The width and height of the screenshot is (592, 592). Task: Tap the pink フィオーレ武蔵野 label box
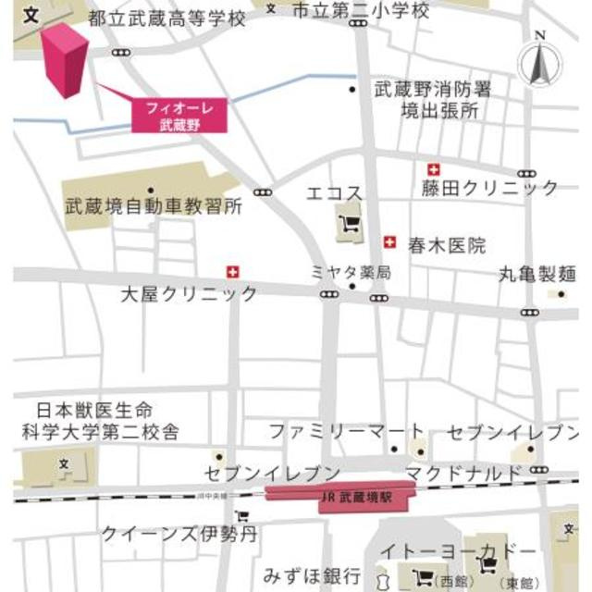click(x=179, y=115)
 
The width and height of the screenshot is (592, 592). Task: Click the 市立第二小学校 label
click(x=360, y=11)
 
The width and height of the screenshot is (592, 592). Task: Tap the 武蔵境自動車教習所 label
click(x=153, y=206)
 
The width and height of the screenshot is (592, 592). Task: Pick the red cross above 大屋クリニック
click(x=233, y=271)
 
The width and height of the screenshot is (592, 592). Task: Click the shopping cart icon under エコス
click(x=351, y=223)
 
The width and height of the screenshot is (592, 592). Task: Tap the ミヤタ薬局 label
click(x=351, y=272)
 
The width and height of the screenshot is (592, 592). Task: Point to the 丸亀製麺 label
click(x=537, y=274)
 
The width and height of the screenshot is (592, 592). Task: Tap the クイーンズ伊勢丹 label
click(x=179, y=533)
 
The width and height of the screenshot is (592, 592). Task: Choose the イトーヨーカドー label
click(x=469, y=552)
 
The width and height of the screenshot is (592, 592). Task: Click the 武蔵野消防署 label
click(x=432, y=90)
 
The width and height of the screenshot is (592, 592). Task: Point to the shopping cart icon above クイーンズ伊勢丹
click(x=241, y=516)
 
